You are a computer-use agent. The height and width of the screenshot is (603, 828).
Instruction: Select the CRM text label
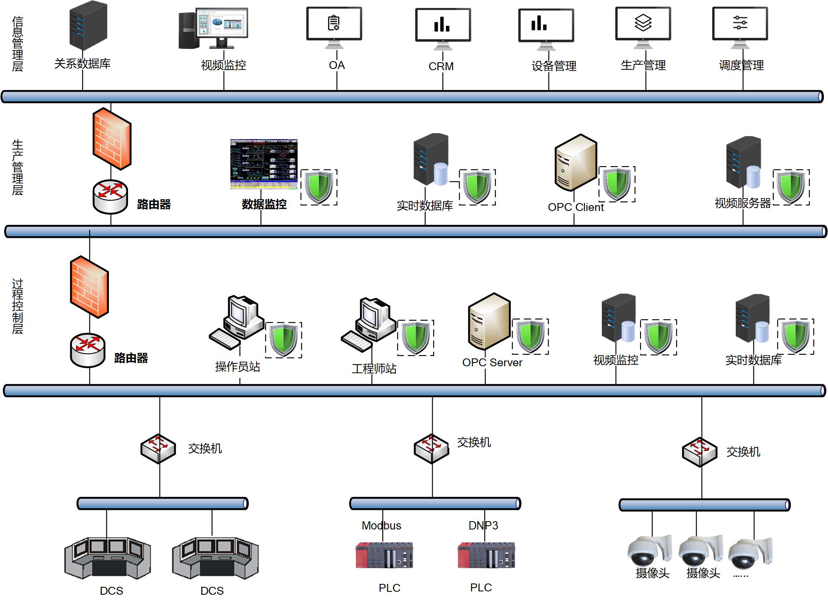(441, 66)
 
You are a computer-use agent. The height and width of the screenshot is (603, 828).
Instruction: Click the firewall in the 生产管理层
(112, 139)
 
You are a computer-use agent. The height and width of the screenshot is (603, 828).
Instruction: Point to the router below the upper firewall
(110, 196)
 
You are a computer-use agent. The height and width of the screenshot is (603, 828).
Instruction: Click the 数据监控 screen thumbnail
(264, 164)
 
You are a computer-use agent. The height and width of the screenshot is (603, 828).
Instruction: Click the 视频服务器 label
(742, 203)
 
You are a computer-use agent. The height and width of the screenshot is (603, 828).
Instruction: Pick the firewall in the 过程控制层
(89, 287)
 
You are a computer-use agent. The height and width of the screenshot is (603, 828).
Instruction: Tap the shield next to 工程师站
(415, 338)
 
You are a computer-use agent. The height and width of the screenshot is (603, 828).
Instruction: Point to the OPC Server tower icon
(489, 321)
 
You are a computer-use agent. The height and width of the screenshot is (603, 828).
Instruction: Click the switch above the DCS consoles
(158, 449)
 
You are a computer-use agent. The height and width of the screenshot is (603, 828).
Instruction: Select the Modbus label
(381, 526)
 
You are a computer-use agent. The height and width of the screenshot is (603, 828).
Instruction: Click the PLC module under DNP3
(486, 555)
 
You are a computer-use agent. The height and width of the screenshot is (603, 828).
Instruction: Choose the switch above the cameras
(700, 452)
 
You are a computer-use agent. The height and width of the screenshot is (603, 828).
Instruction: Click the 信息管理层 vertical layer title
(17, 44)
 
